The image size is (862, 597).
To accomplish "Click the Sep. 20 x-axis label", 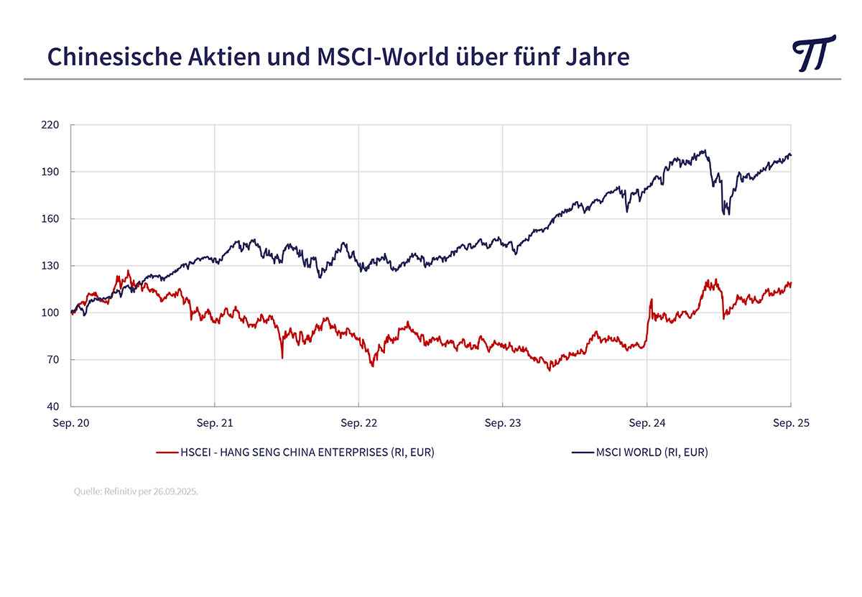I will point(71,423).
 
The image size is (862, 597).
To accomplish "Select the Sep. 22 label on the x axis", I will point(359,423).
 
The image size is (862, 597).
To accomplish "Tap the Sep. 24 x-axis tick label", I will point(647,423).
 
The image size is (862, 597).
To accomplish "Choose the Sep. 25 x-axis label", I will point(791,423).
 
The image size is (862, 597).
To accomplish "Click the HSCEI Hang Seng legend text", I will point(307,453).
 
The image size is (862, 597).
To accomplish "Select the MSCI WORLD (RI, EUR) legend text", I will point(652,453).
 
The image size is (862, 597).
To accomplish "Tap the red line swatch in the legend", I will point(167,453).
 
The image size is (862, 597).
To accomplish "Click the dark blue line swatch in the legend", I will point(583,453).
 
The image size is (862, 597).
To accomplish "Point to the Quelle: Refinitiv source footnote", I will point(136,492).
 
